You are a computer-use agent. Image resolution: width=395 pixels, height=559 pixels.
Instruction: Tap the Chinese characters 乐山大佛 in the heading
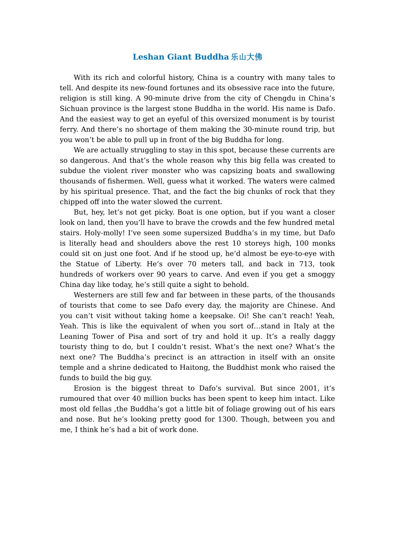coord(247,57)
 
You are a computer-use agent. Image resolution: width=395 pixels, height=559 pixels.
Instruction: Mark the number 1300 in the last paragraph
coord(227,419)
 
